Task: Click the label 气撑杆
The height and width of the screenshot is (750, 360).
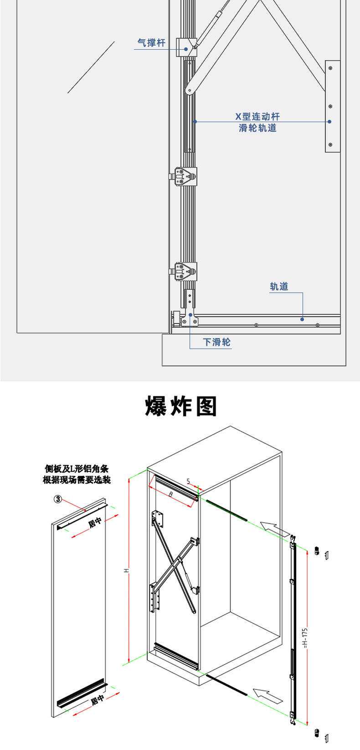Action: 151,43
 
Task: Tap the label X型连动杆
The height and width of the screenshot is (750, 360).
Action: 257,117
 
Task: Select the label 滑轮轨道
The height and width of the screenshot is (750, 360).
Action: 257,128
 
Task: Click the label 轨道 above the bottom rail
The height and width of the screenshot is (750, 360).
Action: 279,287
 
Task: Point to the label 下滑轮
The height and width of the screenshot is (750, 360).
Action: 217,342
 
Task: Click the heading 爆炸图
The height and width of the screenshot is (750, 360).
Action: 181,406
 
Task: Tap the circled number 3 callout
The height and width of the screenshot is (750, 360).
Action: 58,499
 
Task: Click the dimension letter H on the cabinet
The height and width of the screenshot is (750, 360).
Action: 128,570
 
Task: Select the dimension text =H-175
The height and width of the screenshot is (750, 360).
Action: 305,638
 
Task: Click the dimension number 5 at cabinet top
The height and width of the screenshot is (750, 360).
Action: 189,481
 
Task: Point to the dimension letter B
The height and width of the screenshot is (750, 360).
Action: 170,494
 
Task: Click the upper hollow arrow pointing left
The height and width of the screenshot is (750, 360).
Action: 275,529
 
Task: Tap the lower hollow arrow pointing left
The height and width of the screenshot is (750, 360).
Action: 268,695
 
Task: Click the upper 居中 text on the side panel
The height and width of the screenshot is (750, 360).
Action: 95,523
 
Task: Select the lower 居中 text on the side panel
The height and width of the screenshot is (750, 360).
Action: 97,699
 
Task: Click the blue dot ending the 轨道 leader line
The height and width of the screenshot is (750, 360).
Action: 302,319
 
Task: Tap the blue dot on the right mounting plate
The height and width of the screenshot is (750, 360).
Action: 329,122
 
